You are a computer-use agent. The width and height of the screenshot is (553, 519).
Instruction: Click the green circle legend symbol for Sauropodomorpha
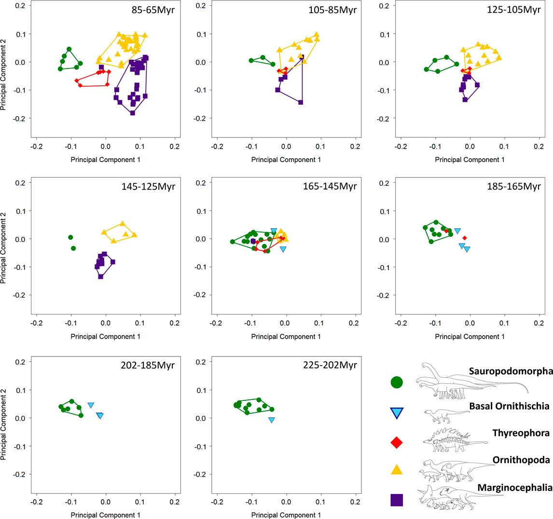397,382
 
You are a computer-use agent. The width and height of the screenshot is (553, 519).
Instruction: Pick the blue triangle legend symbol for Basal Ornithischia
397,413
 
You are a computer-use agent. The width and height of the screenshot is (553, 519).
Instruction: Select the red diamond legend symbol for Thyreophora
397,442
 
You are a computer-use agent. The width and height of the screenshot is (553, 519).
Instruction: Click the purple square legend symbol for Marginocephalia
397,500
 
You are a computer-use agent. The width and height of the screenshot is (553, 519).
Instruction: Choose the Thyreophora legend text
521,433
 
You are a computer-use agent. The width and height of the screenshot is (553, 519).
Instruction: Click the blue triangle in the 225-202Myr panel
272,420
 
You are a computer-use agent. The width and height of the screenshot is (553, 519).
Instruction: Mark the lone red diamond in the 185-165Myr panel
465,238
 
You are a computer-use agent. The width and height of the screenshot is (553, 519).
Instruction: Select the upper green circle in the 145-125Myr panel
70,237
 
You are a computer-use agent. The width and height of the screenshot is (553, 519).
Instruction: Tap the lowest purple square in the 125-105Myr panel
465,99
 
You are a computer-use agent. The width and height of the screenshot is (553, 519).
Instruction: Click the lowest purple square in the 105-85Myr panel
301,102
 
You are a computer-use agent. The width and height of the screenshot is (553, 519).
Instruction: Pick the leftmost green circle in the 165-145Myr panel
233,242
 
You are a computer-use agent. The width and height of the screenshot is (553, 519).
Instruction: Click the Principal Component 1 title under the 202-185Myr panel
105,515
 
